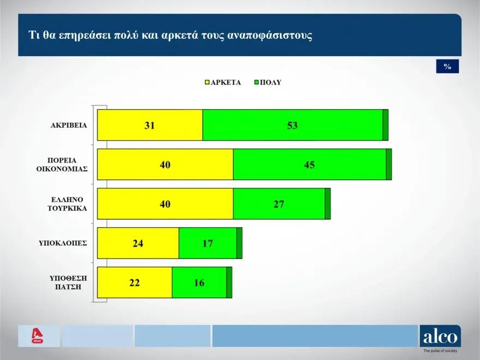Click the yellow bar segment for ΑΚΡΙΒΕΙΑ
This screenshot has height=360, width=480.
tap(149, 125)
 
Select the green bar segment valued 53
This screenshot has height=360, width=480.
tap(292, 125)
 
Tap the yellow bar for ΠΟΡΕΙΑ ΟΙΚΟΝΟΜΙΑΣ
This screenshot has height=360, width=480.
tap(165, 164)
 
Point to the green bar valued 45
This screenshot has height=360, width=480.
tap(309, 164)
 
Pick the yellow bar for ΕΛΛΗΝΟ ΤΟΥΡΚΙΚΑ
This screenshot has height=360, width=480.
tap(165, 204)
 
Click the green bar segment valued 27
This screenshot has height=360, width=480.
tap(279, 204)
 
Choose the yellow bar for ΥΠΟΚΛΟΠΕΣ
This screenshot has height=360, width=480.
tap(137, 243)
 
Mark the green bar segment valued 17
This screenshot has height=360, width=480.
tap(207, 243)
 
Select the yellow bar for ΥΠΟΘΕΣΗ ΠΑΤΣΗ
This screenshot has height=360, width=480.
tap(134, 283)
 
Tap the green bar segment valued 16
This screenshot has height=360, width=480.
tap(199, 283)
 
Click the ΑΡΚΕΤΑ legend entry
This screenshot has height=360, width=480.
tap(223, 83)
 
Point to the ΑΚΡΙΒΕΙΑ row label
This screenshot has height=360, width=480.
tap(69, 125)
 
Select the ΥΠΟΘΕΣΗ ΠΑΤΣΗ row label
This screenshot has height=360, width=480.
tap(68, 282)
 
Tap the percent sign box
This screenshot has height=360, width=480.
tap(447, 67)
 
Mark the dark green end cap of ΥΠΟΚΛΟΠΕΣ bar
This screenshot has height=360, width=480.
tap(239, 243)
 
